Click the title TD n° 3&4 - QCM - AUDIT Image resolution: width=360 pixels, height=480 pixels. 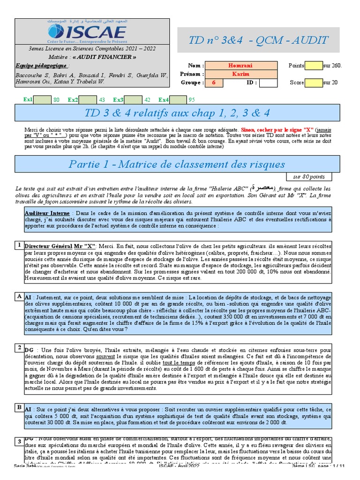click(258, 40)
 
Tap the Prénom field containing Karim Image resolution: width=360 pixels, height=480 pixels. click(240, 74)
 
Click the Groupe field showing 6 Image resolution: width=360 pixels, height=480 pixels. click(214, 83)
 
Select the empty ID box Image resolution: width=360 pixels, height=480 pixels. click(268, 83)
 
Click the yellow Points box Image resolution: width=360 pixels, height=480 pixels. click(314, 66)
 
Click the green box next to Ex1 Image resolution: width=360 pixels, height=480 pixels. click(43, 99)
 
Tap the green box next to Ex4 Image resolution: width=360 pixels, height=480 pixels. click(178, 99)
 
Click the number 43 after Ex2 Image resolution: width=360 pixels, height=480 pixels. click(102, 99)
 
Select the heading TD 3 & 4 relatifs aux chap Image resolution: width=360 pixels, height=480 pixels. click(177, 113)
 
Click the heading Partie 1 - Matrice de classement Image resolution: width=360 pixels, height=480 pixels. click(177, 164)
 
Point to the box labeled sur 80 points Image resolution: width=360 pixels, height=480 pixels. click(309, 177)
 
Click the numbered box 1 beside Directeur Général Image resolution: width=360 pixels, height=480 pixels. click(19, 245)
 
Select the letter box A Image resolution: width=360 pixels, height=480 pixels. click(19, 296)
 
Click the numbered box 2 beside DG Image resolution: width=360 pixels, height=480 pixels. click(19, 347)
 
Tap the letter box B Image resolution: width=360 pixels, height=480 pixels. click(19, 407)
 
